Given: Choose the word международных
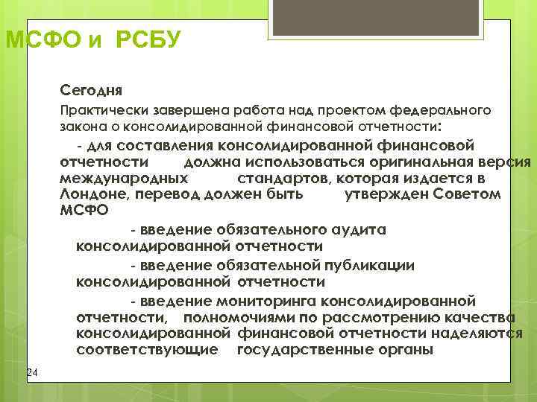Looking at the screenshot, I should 123,179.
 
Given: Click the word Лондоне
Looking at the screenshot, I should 90,194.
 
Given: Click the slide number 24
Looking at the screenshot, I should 31,372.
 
